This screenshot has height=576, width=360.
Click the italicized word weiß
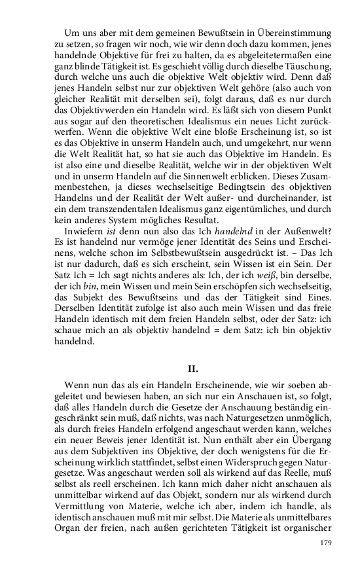pyautogui.click(x=266, y=295)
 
